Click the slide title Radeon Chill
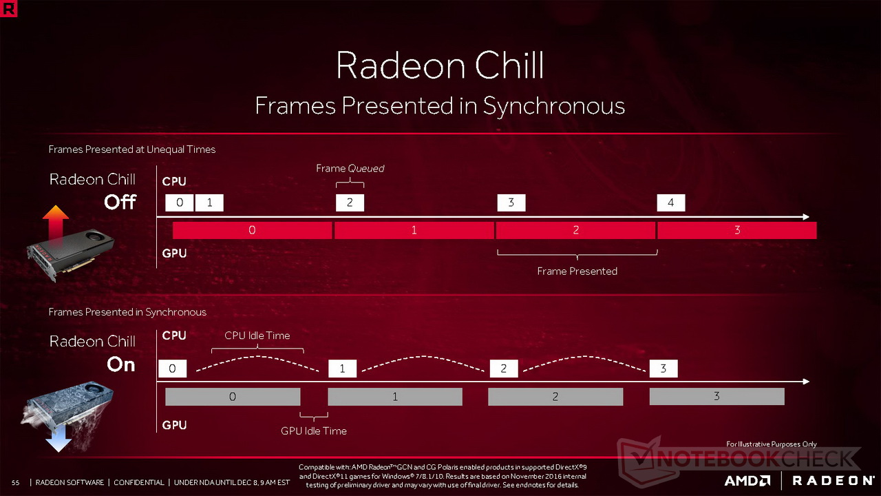[440, 65]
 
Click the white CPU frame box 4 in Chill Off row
[670, 203]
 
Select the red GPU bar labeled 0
[252, 230]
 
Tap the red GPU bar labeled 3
[737, 230]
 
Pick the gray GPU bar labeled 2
[555, 396]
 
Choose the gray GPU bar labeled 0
[233, 396]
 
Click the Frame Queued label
[350, 169]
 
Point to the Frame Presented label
[577, 271]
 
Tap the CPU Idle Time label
[257, 335]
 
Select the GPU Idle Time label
[314, 431]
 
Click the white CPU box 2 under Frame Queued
[350, 203]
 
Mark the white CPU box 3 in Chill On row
[663, 369]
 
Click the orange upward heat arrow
[56, 225]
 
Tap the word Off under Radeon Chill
[120, 202]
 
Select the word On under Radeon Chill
[121, 364]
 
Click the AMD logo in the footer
[747, 481]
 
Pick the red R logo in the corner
[8, 8]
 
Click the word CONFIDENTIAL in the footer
[139, 483]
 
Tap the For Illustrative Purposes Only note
[772, 444]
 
